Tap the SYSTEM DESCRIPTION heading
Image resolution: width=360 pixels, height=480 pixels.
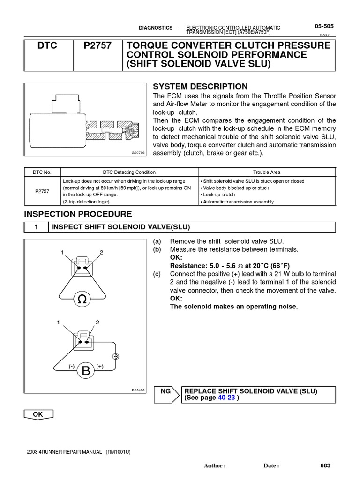point(200,86)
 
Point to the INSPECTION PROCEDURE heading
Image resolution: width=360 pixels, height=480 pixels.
point(78,214)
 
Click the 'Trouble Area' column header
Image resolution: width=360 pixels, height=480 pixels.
point(266,172)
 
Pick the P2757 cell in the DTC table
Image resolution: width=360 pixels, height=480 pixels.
point(42,191)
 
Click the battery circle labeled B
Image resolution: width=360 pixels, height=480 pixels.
point(86,371)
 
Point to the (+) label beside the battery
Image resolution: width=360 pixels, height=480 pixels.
point(100,366)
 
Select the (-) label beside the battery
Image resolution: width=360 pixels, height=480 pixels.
point(72,366)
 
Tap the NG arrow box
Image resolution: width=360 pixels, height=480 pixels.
point(166,394)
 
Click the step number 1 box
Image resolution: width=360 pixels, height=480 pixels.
point(36,227)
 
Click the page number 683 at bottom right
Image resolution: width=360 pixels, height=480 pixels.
point(325,465)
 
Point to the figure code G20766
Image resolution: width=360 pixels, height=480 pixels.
point(139,153)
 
